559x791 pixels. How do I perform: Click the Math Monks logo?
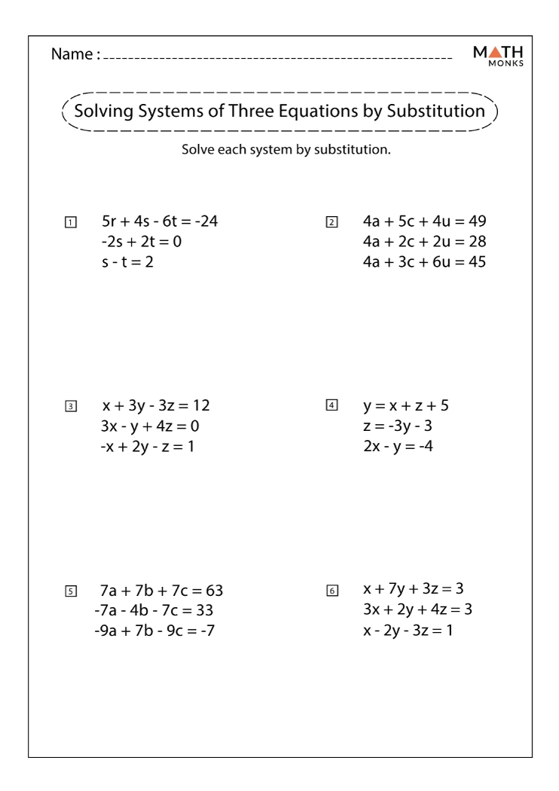click(505, 54)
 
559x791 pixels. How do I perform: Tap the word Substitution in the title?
click(436, 111)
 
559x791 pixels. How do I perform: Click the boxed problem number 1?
click(70, 223)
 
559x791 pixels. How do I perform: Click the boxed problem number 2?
click(331, 223)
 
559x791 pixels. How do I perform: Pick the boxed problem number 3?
click(70, 407)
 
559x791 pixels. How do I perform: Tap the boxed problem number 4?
click(331, 406)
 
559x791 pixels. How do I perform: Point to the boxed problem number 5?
click(70, 591)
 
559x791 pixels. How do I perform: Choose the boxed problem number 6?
click(331, 591)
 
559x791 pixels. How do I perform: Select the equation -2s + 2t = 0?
click(142, 243)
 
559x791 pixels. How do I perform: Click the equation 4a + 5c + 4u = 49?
click(424, 222)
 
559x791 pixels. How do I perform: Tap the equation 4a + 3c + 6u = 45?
click(424, 262)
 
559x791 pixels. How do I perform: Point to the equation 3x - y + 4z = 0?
click(151, 426)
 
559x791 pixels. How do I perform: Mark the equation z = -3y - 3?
click(402, 426)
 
